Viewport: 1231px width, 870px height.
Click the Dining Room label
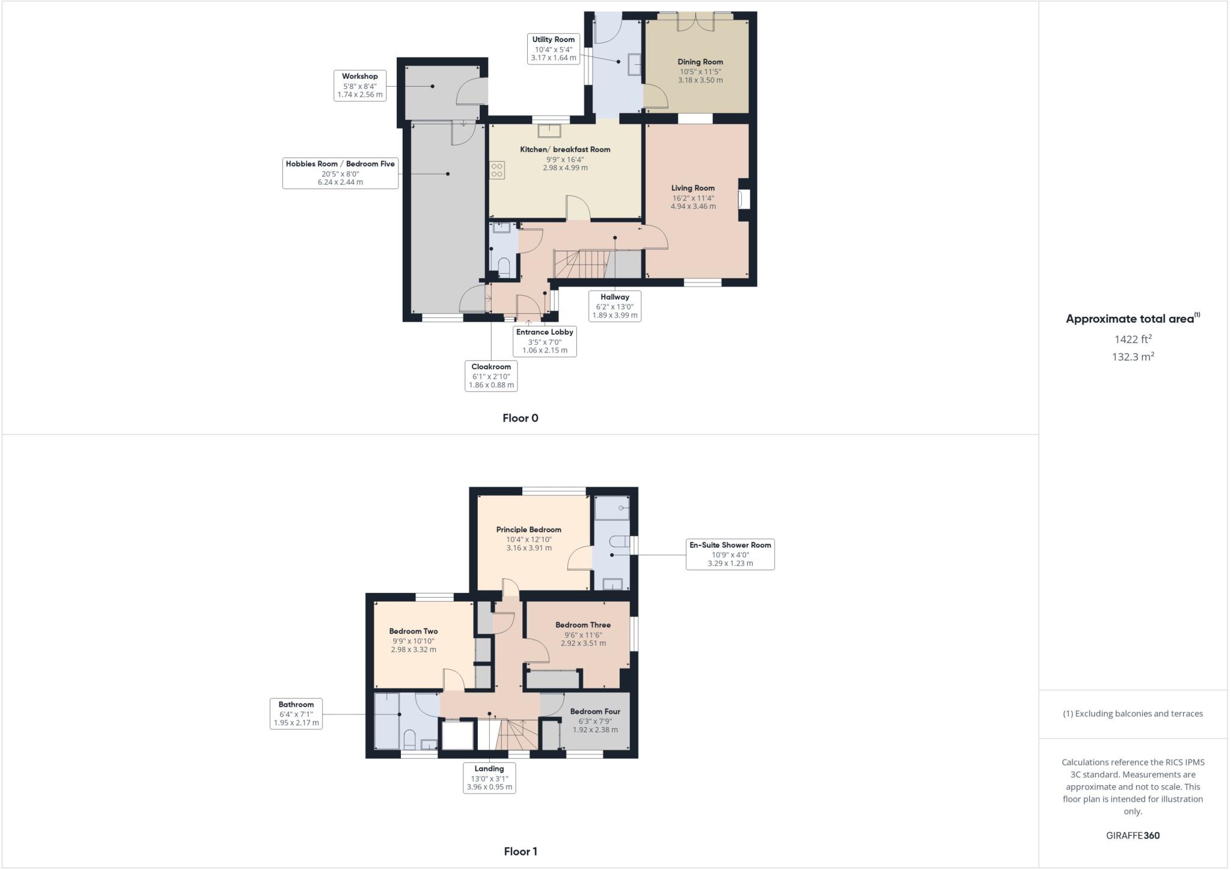click(700, 62)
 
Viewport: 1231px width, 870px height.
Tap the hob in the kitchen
click(497, 170)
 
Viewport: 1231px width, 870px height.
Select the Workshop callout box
click(360, 85)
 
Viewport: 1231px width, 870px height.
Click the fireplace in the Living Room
click(744, 199)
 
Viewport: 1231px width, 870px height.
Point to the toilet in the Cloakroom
click(504, 266)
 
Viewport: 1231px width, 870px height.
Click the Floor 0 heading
click(521, 418)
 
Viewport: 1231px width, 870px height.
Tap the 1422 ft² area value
click(1132, 339)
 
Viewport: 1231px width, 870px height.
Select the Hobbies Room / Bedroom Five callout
click(340, 173)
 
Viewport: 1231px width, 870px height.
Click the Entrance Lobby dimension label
click(545, 341)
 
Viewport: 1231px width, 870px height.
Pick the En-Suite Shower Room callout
click(730, 554)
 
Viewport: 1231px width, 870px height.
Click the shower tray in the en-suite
click(612, 508)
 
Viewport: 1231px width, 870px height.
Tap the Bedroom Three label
click(583, 625)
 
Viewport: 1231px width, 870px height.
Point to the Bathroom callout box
click(296, 714)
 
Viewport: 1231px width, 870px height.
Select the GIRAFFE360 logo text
click(1132, 835)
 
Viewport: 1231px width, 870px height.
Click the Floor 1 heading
click(521, 851)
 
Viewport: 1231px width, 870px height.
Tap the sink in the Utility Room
click(634, 64)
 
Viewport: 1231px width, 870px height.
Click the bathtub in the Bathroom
click(386, 721)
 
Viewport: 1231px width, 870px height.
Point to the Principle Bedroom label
click(529, 530)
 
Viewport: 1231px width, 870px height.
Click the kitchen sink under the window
click(549, 131)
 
